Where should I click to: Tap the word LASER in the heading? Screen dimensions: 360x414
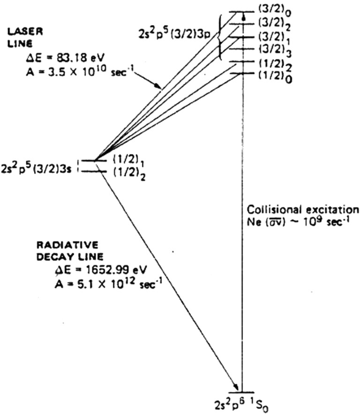(x=19, y=31)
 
